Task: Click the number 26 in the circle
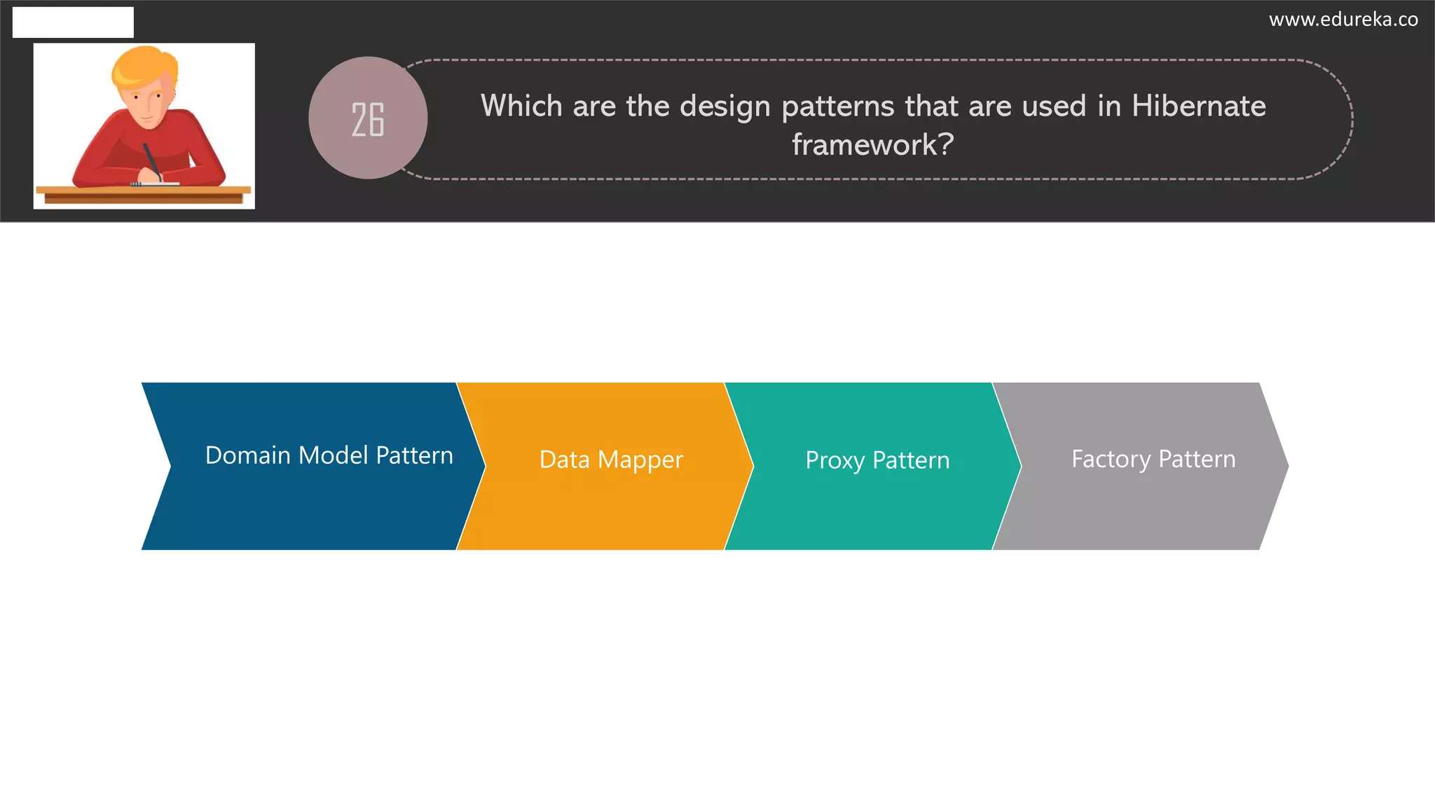tap(368, 120)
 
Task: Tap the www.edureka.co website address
tap(1343, 20)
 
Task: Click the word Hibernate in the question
tap(1198, 106)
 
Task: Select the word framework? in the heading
tap(872, 145)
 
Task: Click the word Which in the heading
tap(521, 106)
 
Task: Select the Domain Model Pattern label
tap(329, 455)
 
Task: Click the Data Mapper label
tap(611, 460)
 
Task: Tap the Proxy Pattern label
tap(877, 460)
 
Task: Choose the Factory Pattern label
tap(1153, 459)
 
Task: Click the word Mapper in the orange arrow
tap(640, 460)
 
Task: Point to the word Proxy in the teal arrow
tap(835, 461)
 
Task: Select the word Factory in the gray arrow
tap(1111, 460)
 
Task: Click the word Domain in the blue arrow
tap(247, 455)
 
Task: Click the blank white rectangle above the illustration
tap(73, 22)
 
